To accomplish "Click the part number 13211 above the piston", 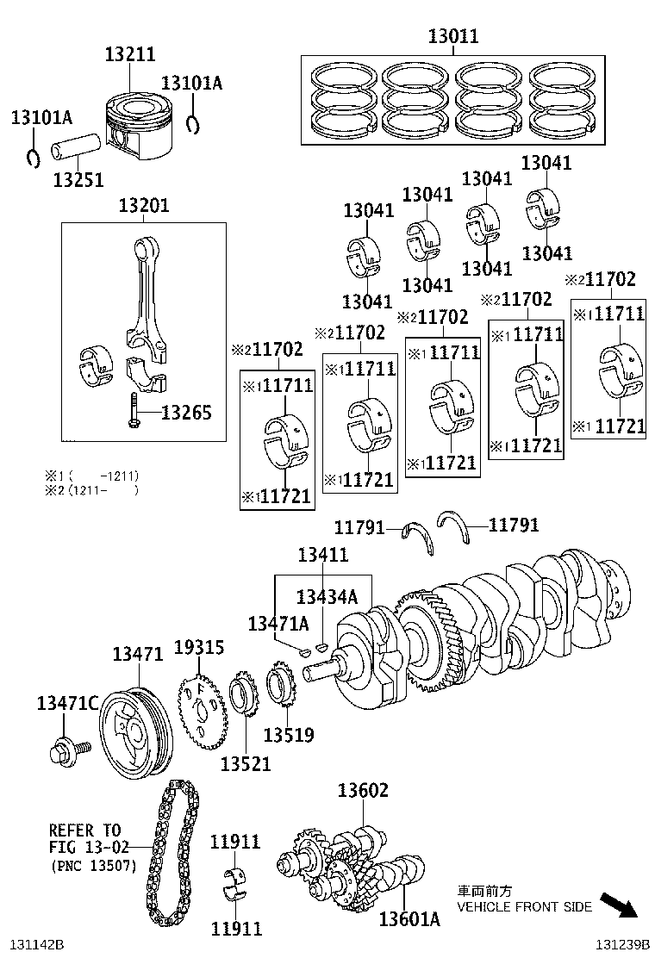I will (130, 54).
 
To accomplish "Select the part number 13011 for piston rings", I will (453, 36).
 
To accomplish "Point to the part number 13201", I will (144, 206).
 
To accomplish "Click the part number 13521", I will (246, 763).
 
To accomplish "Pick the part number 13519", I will (289, 735).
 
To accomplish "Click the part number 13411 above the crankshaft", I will (323, 555).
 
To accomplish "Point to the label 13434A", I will (326, 596).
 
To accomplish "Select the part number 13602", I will (363, 790).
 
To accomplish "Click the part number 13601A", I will (409, 919).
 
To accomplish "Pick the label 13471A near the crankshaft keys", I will (278, 623).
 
